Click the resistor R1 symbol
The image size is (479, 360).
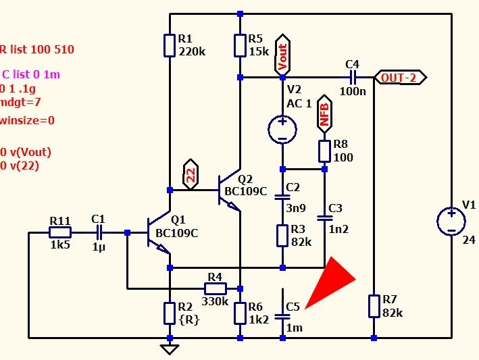(x=170, y=45)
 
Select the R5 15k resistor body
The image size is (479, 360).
(x=240, y=45)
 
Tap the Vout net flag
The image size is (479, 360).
(x=282, y=55)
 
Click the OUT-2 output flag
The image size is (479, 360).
(x=400, y=78)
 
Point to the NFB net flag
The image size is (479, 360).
(x=324, y=114)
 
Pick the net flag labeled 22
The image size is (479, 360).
(x=191, y=174)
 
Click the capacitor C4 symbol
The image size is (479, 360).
(x=352, y=78)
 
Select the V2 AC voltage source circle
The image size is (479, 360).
(x=282, y=129)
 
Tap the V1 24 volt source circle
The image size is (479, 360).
(x=451, y=221)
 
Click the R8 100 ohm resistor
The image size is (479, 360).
(x=324, y=151)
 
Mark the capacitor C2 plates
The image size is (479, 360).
(x=282, y=197)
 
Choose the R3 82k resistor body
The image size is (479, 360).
(x=282, y=236)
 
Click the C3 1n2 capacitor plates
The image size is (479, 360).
(x=324, y=218)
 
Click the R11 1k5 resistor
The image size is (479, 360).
(x=60, y=232)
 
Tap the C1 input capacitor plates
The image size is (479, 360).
(x=99, y=232)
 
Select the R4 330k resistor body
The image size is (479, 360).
(x=216, y=288)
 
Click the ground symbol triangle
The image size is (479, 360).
(x=170, y=349)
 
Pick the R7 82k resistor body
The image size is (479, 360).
(x=374, y=306)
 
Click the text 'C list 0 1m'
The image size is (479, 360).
(x=31, y=74)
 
